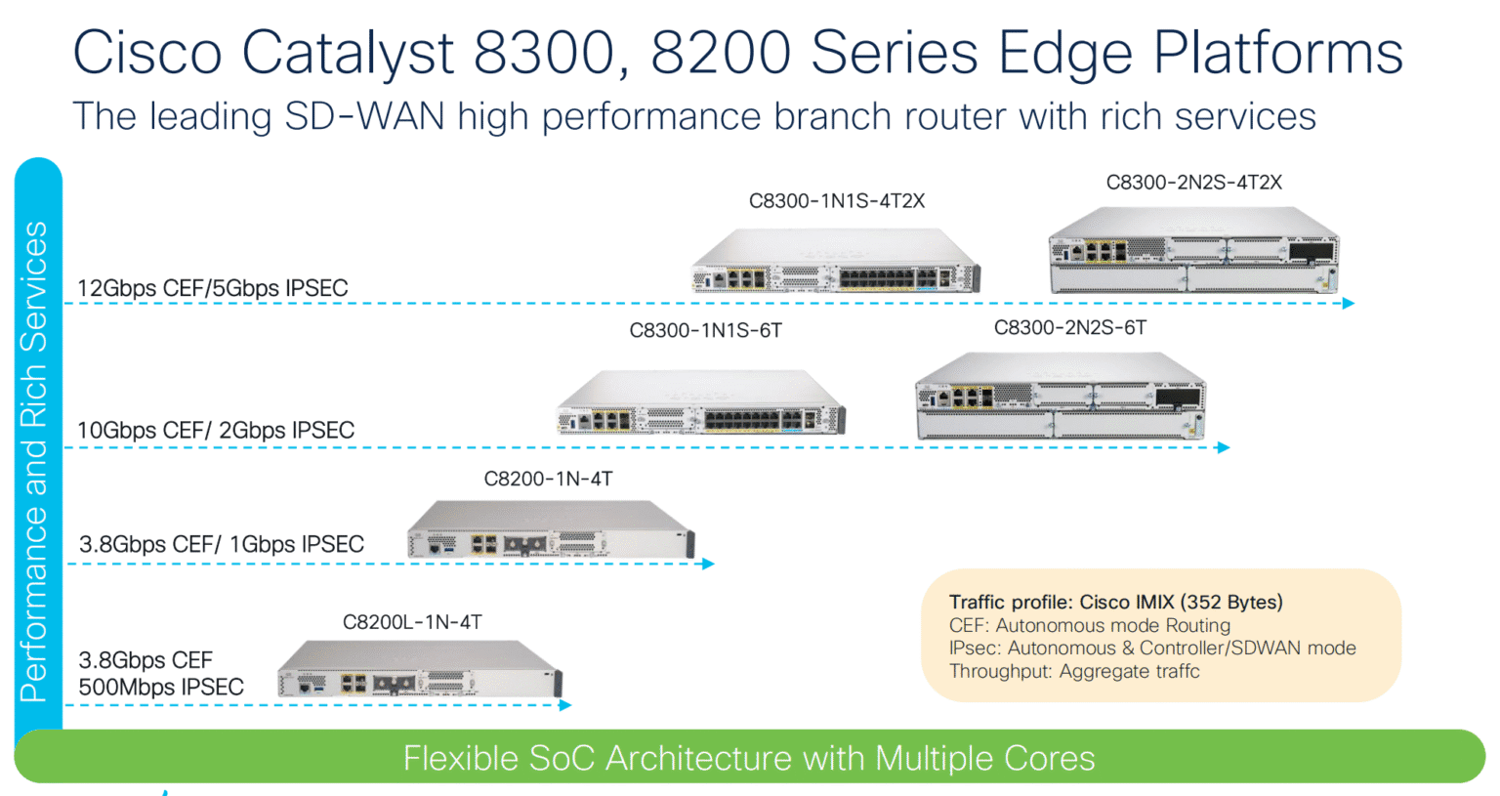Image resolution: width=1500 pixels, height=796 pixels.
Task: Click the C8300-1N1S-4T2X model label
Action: point(836,201)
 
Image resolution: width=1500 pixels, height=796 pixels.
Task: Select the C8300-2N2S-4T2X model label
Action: point(1193,183)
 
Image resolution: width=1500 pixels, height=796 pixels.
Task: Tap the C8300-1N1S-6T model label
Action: point(705,331)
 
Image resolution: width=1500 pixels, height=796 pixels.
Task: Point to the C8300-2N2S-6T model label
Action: point(1069,328)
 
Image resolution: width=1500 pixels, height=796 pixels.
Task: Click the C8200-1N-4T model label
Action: point(548,479)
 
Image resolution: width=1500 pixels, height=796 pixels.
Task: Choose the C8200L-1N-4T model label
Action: point(412,622)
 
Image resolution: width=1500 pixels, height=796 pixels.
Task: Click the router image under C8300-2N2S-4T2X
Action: point(1192,250)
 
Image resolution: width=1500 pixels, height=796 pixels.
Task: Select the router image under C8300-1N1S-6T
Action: point(700,402)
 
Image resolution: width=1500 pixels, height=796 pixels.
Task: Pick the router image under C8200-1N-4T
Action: point(550,530)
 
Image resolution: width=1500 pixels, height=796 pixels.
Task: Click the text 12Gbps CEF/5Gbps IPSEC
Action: point(212,288)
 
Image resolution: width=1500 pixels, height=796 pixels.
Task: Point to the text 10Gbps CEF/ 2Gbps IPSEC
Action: point(215,431)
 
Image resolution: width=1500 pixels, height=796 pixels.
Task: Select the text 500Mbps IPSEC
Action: point(161,688)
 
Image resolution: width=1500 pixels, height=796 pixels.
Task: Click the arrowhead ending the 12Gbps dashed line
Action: point(1349,304)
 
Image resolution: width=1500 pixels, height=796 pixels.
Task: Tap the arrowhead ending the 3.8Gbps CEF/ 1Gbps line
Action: point(709,564)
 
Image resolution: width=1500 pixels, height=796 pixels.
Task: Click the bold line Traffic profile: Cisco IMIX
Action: point(1115,603)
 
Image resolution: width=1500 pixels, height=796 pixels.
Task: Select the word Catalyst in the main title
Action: point(348,53)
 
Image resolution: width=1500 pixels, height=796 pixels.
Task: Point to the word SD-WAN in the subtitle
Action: point(363,117)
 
